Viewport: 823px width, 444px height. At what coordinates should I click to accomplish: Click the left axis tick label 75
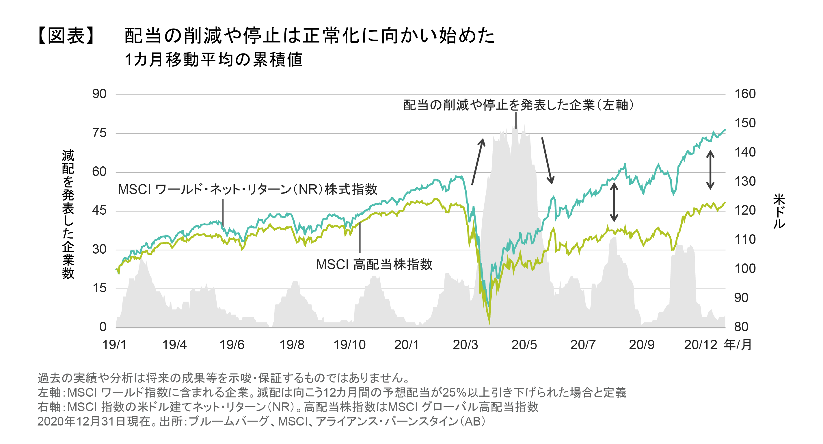[x=99, y=133]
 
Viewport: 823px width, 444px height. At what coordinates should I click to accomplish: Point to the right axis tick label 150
[x=745, y=123]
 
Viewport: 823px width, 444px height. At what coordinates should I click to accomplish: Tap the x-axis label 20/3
[x=465, y=345]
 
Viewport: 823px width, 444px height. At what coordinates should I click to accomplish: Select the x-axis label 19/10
[x=349, y=345]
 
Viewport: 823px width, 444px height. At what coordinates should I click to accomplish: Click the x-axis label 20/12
[x=700, y=345]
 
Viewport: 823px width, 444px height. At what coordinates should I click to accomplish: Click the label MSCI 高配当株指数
[x=374, y=265]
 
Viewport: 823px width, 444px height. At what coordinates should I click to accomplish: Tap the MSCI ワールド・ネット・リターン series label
[x=247, y=190]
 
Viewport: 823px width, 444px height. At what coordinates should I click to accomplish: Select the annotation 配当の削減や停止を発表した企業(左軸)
[x=518, y=105]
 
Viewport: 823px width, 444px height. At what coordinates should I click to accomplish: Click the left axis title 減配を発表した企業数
[x=68, y=214]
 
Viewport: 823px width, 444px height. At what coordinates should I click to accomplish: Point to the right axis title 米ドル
[x=779, y=211]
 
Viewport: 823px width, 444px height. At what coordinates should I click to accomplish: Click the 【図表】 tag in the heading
[x=66, y=36]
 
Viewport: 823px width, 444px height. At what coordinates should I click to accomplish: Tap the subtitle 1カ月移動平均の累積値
[x=213, y=60]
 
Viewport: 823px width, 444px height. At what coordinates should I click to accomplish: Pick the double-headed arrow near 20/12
[x=710, y=170]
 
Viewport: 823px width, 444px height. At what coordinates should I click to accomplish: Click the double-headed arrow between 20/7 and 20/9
[x=614, y=202]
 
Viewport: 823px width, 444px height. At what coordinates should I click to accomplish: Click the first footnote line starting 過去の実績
[x=224, y=378]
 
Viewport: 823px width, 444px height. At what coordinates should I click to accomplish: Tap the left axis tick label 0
[x=103, y=327]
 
